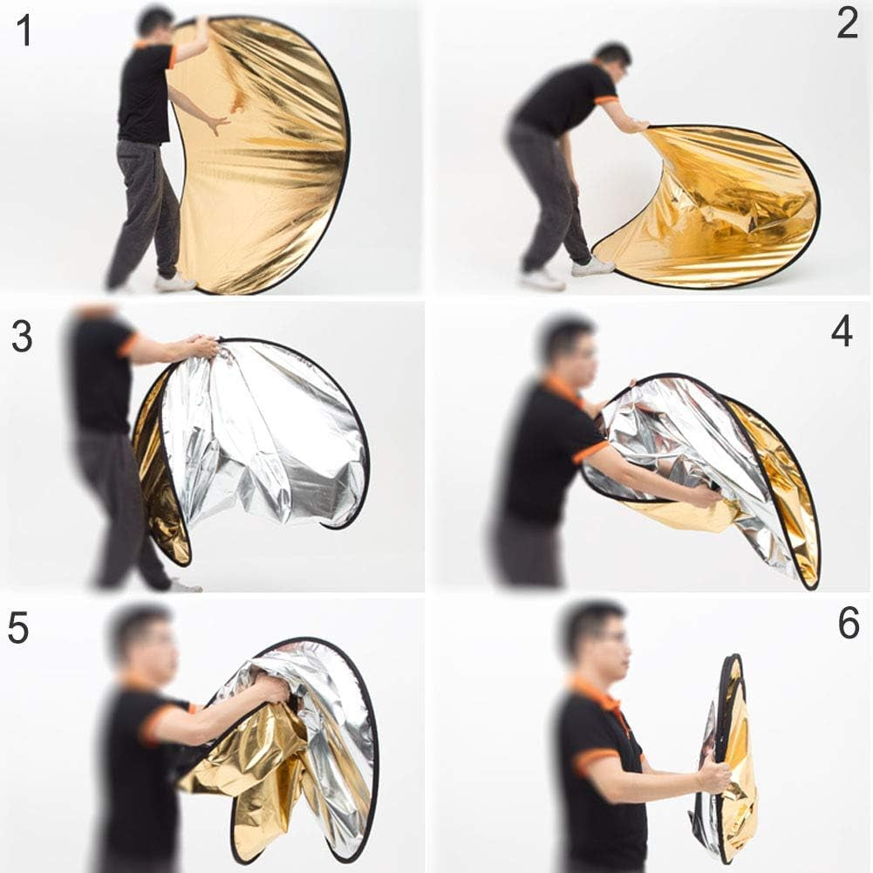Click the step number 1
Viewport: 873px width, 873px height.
pyautogui.click(x=24, y=31)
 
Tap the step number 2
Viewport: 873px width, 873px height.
pyautogui.click(x=847, y=24)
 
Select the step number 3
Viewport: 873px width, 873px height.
pyautogui.click(x=22, y=337)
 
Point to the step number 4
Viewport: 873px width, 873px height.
pyautogui.click(x=842, y=331)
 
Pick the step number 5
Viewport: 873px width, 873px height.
pyautogui.click(x=17, y=628)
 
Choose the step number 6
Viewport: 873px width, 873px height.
pyautogui.click(x=849, y=624)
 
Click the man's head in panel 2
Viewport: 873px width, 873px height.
pyautogui.click(x=612, y=63)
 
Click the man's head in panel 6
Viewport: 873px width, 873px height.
pyautogui.click(x=596, y=640)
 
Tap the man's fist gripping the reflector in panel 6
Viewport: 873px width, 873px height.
pyautogui.click(x=714, y=774)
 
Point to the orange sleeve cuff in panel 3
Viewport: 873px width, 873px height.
pyautogui.click(x=127, y=344)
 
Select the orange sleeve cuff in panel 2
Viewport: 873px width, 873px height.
pyautogui.click(x=606, y=100)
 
